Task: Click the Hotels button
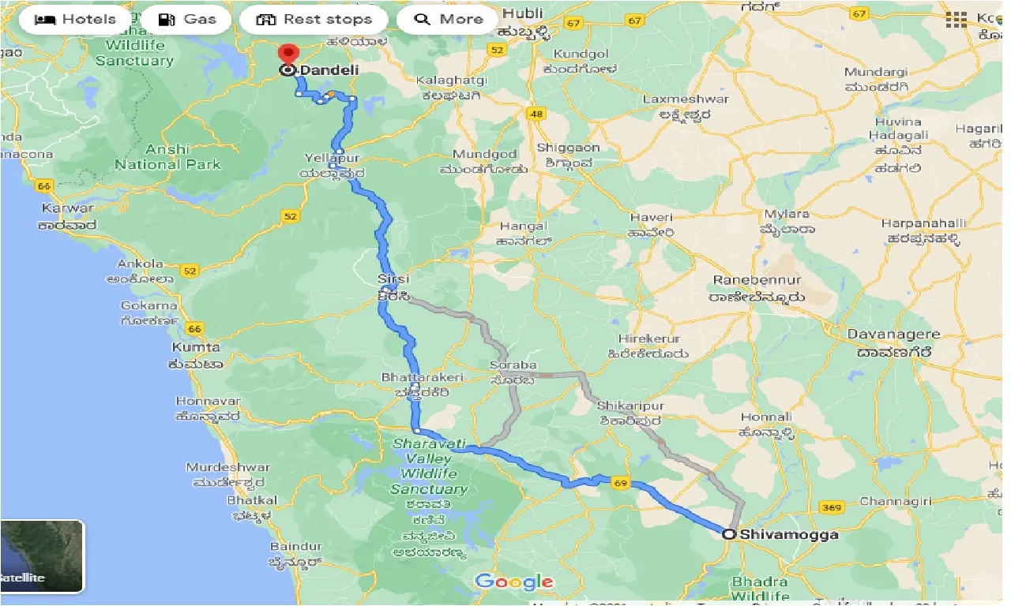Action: tap(75, 20)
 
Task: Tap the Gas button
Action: tap(186, 20)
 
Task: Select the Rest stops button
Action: tap(314, 20)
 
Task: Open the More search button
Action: tap(448, 20)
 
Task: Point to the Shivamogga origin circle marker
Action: tap(729, 534)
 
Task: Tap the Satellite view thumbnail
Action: tap(42, 556)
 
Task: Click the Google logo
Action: tap(514, 582)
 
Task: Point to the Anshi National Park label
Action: tap(167, 157)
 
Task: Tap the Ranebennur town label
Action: tap(757, 281)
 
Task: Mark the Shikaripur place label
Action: tap(631, 406)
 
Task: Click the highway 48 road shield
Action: tap(536, 114)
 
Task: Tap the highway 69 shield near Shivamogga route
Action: tap(621, 484)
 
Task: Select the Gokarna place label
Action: tap(148, 306)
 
